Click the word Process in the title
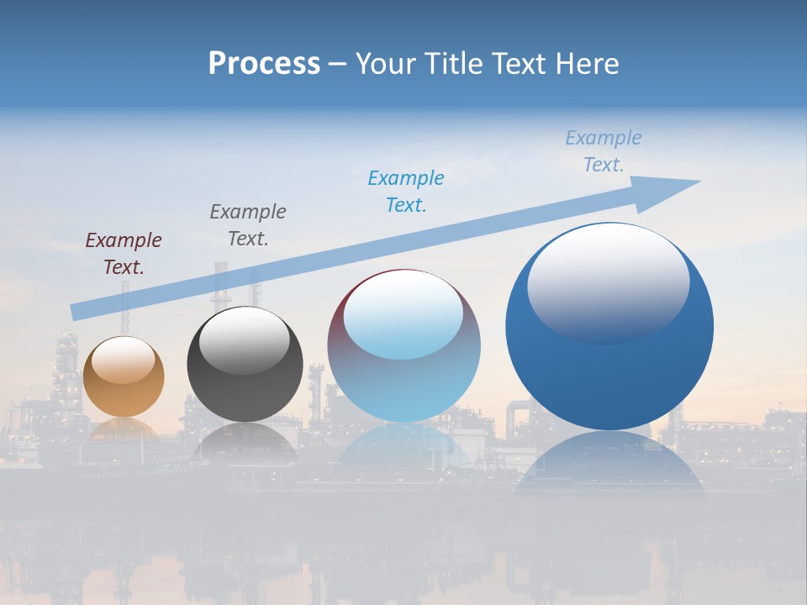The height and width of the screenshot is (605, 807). point(264,63)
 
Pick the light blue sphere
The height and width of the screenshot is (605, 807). point(403,370)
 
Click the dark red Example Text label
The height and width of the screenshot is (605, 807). point(124,254)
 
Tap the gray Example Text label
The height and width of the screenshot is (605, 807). point(248,225)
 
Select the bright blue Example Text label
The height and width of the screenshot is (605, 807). point(406,192)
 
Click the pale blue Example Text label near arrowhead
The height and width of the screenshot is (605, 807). point(604,151)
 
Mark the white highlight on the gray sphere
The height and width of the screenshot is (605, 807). point(245,340)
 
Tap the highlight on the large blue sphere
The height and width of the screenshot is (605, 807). point(609,281)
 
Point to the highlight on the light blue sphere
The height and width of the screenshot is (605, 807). point(403,313)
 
